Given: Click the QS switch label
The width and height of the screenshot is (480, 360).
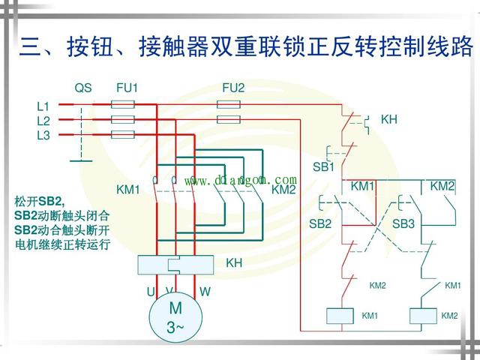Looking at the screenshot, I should point(82,88).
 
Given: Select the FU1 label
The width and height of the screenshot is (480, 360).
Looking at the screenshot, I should point(127,88).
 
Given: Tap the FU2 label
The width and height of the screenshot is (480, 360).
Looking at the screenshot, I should point(233,88).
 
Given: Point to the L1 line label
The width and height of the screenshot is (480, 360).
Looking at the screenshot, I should point(43,106).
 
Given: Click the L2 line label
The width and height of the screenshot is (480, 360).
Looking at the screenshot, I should point(43,121).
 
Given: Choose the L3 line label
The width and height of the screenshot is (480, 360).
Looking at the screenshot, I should point(43,135).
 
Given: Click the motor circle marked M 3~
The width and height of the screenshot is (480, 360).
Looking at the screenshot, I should point(175,316).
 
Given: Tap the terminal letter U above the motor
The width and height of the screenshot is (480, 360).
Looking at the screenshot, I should point(150,290).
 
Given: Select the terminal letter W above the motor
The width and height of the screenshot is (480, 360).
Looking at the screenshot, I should point(205,290).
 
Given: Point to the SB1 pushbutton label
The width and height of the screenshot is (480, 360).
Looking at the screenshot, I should point(323,166).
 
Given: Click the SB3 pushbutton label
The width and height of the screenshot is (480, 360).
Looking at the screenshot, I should point(403,223).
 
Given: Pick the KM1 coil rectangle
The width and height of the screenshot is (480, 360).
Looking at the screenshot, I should point(339,316).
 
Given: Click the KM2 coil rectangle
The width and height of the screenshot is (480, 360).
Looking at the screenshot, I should point(424,316).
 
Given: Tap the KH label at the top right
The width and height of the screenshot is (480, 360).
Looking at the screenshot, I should point(388,119).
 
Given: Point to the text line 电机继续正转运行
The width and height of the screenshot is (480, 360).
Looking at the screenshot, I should point(61,244).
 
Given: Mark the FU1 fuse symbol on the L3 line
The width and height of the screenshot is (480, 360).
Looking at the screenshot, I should point(122,135).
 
